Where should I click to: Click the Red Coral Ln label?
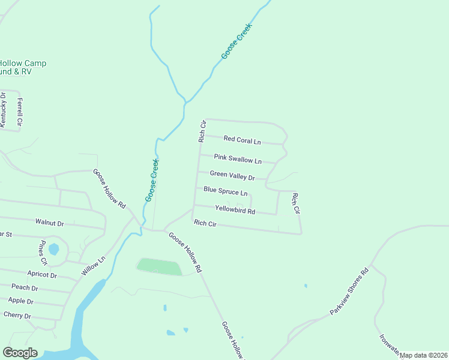coord(242,140)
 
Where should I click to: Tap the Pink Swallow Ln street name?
coord(238,160)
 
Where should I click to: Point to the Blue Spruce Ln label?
coord(225,191)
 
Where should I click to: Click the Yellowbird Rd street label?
coord(235,211)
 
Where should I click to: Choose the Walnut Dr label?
coord(49,223)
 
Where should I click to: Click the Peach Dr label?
coord(25,288)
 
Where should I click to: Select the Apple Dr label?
coord(21,301)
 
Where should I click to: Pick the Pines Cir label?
coord(43,253)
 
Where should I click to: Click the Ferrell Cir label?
coord(20,112)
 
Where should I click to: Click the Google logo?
coord(20,353)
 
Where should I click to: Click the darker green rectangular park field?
coord(159,266)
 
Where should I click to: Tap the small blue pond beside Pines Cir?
coord(53,248)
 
